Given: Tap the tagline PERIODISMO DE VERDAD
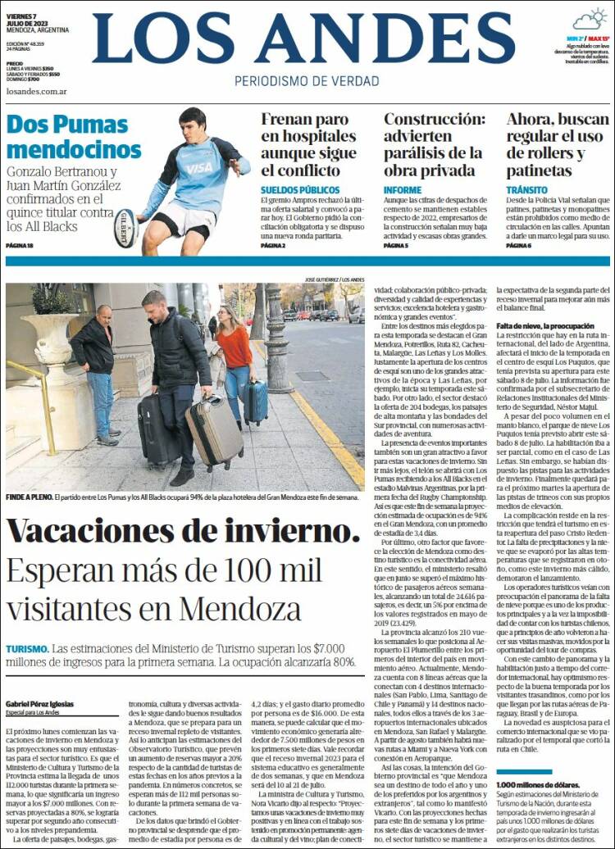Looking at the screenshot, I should click(x=307, y=81).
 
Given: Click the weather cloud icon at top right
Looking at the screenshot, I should click(x=589, y=20).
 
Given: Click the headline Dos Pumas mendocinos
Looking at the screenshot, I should click(x=74, y=137).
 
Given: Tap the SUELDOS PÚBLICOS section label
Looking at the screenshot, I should click(x=294, y=189).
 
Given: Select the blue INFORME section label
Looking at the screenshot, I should click(x=403, y=189).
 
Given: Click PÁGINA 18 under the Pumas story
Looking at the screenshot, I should click(x=20, y=246).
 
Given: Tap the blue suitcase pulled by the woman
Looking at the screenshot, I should click(x=255, y=402).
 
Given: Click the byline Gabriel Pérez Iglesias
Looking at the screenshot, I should click(x=39, y=704).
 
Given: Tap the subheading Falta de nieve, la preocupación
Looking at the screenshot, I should click(x=544, y=325).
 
